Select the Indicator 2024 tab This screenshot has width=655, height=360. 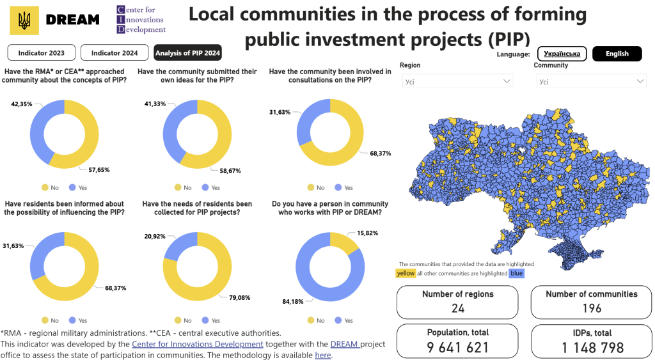pos(114,52)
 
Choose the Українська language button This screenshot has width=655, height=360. pos(562,54)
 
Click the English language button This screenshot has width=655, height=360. pos(617,54)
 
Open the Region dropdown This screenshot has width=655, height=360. pos(457,81)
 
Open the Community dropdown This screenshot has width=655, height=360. pos(591,81)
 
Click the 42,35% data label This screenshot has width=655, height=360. pos(21,104)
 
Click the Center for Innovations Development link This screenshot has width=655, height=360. pos(197,344)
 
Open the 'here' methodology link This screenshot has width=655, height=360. pos(323,355)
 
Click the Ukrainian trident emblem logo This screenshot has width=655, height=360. pos(24,20)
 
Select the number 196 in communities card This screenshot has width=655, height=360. pos(592,308)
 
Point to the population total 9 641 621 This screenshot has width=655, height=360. pos(458,347)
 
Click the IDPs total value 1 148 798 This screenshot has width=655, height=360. pos(592,347)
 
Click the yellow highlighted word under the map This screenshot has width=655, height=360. pos(406,273)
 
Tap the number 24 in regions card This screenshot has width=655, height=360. pos(458,308)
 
